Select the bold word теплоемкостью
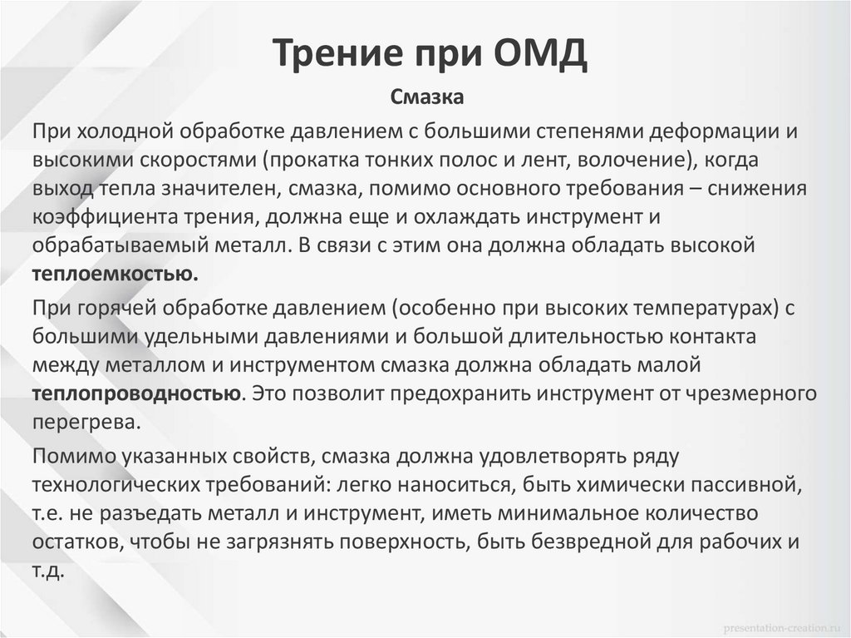[116, 274]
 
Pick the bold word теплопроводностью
[138, 393]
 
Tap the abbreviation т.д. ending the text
[48, 569]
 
